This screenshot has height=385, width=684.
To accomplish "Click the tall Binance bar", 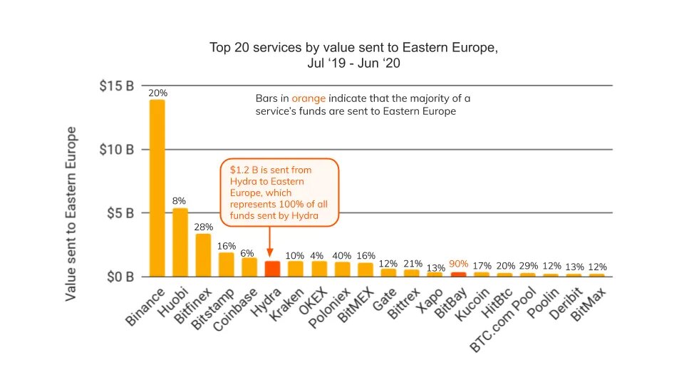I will point(157,188).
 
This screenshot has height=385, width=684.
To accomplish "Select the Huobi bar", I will point(180,242).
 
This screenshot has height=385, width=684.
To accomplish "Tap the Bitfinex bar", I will point(203,255).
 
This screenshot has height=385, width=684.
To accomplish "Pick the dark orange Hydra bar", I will point(272,269).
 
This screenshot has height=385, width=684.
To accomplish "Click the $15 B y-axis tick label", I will point(116,86).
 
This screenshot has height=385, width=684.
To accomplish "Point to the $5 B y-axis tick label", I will point(119,213).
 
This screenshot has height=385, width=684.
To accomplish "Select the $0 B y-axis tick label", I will point(119,276).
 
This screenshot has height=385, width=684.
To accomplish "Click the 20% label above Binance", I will point(157,93).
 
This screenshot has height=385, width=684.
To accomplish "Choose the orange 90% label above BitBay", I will point(460,264).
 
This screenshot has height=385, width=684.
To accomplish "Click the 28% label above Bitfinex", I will point(204,227).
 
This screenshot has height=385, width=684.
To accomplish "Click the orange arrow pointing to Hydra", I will point(270,242).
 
